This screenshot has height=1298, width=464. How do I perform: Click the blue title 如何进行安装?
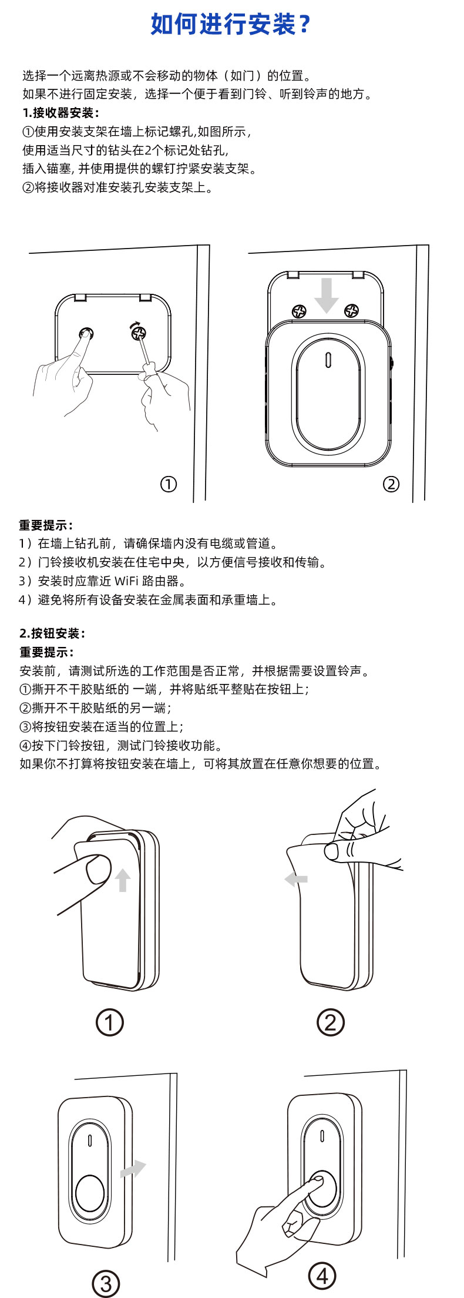(230, 25)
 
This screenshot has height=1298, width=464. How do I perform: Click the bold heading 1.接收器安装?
(61, 113)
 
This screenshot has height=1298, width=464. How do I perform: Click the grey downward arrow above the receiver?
(326, 296)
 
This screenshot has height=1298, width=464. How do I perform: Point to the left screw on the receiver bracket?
(300, 311)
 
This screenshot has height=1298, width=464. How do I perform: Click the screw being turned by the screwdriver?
(139, 334)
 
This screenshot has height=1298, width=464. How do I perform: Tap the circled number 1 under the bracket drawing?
(169, 484)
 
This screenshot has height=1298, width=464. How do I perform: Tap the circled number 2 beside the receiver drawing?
(391, 484)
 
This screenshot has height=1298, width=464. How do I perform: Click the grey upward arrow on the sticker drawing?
(123, 880)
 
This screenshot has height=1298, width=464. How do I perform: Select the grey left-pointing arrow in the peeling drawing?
(296, 880)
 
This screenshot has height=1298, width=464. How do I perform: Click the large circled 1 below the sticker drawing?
(110, 1022)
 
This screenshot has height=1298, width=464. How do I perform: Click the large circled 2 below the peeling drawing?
(330, 1022)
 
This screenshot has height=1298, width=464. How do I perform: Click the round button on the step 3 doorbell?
(89, 1193)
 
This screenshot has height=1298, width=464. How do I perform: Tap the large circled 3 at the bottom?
(106, 1283)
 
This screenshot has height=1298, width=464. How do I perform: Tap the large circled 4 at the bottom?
(322, 1276)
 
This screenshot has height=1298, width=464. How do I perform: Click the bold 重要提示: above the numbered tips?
(46, 525)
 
